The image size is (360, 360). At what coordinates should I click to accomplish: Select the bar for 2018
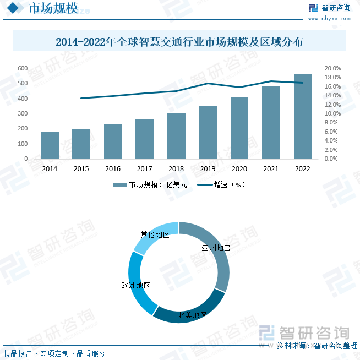tap(176, 136)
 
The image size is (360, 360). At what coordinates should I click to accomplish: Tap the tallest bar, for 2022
tap(303, 116)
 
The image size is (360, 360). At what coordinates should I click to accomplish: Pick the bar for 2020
tap(239, 128)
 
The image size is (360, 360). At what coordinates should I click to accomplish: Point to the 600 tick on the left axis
tap(23, 68)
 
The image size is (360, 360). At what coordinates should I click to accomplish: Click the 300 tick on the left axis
tap(23, 113)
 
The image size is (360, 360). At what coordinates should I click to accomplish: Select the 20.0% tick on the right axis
tap(333, 68)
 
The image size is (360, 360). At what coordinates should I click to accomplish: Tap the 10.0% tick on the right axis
tap(333, 113)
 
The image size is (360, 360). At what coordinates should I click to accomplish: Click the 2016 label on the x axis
tap(113, 169)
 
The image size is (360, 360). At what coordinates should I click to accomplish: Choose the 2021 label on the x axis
tap(271, 169)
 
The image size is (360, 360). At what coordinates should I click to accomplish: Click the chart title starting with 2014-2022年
tap(179, 41)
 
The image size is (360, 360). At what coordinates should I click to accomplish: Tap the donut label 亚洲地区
tap(216, 248)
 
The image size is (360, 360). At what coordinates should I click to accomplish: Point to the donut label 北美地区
tap(192, 315)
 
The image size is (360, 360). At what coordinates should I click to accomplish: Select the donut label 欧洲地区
tap(135, 285)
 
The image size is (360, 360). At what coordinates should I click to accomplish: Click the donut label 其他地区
tap(155, 234)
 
